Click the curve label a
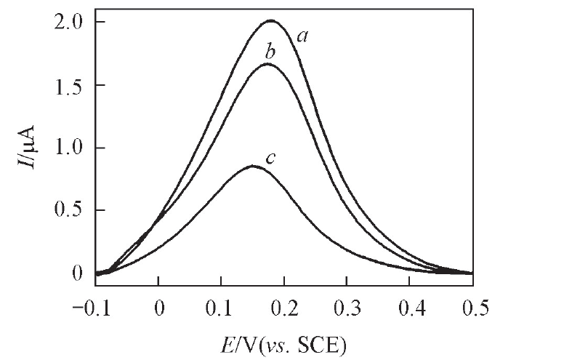[299, 34]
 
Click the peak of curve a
[272, 20]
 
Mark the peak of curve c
[253, 166]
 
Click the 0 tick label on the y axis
[78, 273]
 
